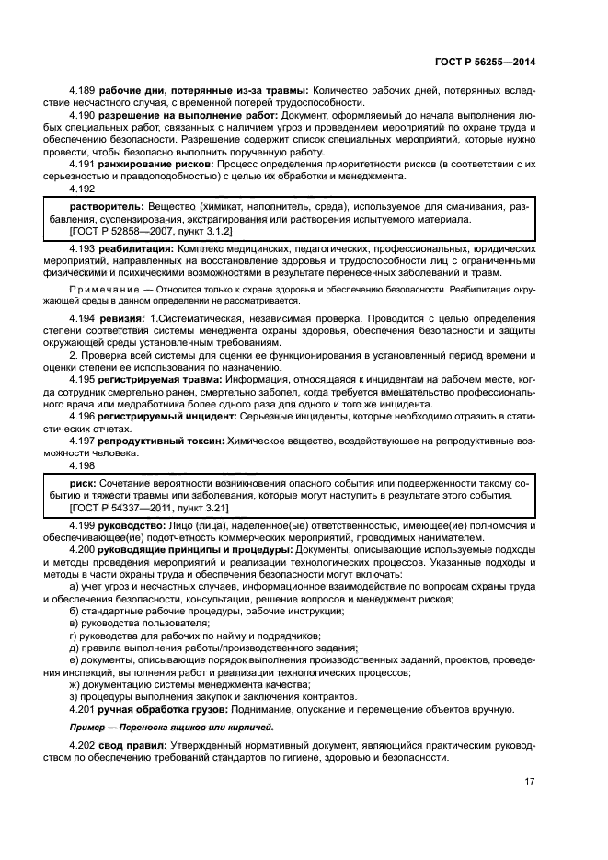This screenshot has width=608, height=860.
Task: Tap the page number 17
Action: point(530,782)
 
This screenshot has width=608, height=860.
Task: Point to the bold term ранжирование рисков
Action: point(152,163)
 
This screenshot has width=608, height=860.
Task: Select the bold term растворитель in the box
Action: point(106,208)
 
